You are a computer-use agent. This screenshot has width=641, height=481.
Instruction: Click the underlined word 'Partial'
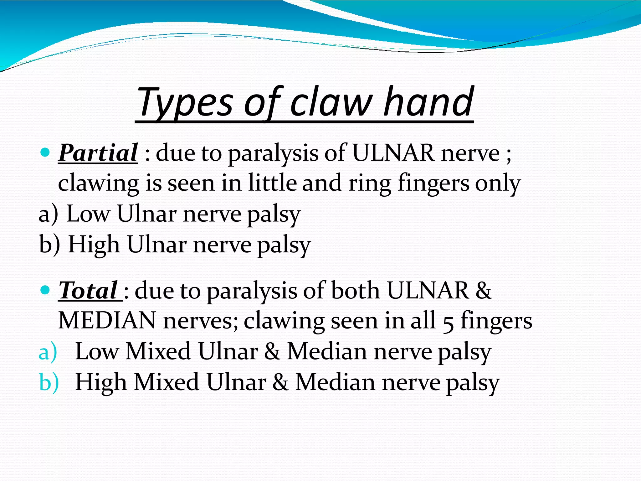tap(98, 153)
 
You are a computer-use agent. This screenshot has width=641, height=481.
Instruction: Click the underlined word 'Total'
tap(88, 291)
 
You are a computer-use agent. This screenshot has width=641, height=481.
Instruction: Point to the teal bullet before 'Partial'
tap(46, 153)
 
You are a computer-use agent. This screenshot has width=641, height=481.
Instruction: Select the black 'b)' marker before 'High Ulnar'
tap(49, 245)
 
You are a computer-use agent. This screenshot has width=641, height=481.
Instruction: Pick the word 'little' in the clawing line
tap(272, 183)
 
